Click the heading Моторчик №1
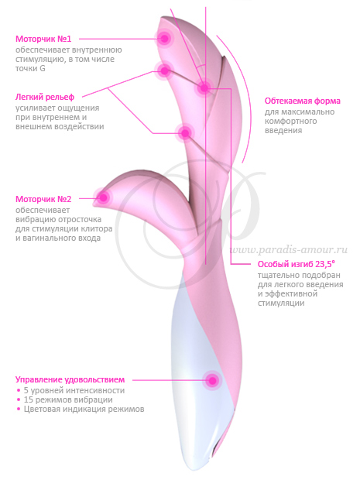[x=43, y=39]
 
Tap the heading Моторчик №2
[x=43, y=199]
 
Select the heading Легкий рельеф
[x=45, y=98]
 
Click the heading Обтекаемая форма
[x=303, y=101]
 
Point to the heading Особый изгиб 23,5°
[x=296, y=264]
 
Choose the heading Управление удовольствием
[x=70, y=379]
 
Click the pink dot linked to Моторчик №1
[x=164, y=38]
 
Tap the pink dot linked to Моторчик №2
[x=104, y=197]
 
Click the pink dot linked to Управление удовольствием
[x=212, y=380]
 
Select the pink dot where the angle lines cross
[x=204, y=88]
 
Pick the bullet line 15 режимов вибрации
[x=65, y=399]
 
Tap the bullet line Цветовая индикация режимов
[x=81, y=409]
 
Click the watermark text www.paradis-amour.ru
[x=288, y=250]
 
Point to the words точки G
[x=30, y=68]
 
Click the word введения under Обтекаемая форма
[x=283, y=130]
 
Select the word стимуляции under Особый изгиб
[x=281, y=303]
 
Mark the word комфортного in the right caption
[x=290, y=122]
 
